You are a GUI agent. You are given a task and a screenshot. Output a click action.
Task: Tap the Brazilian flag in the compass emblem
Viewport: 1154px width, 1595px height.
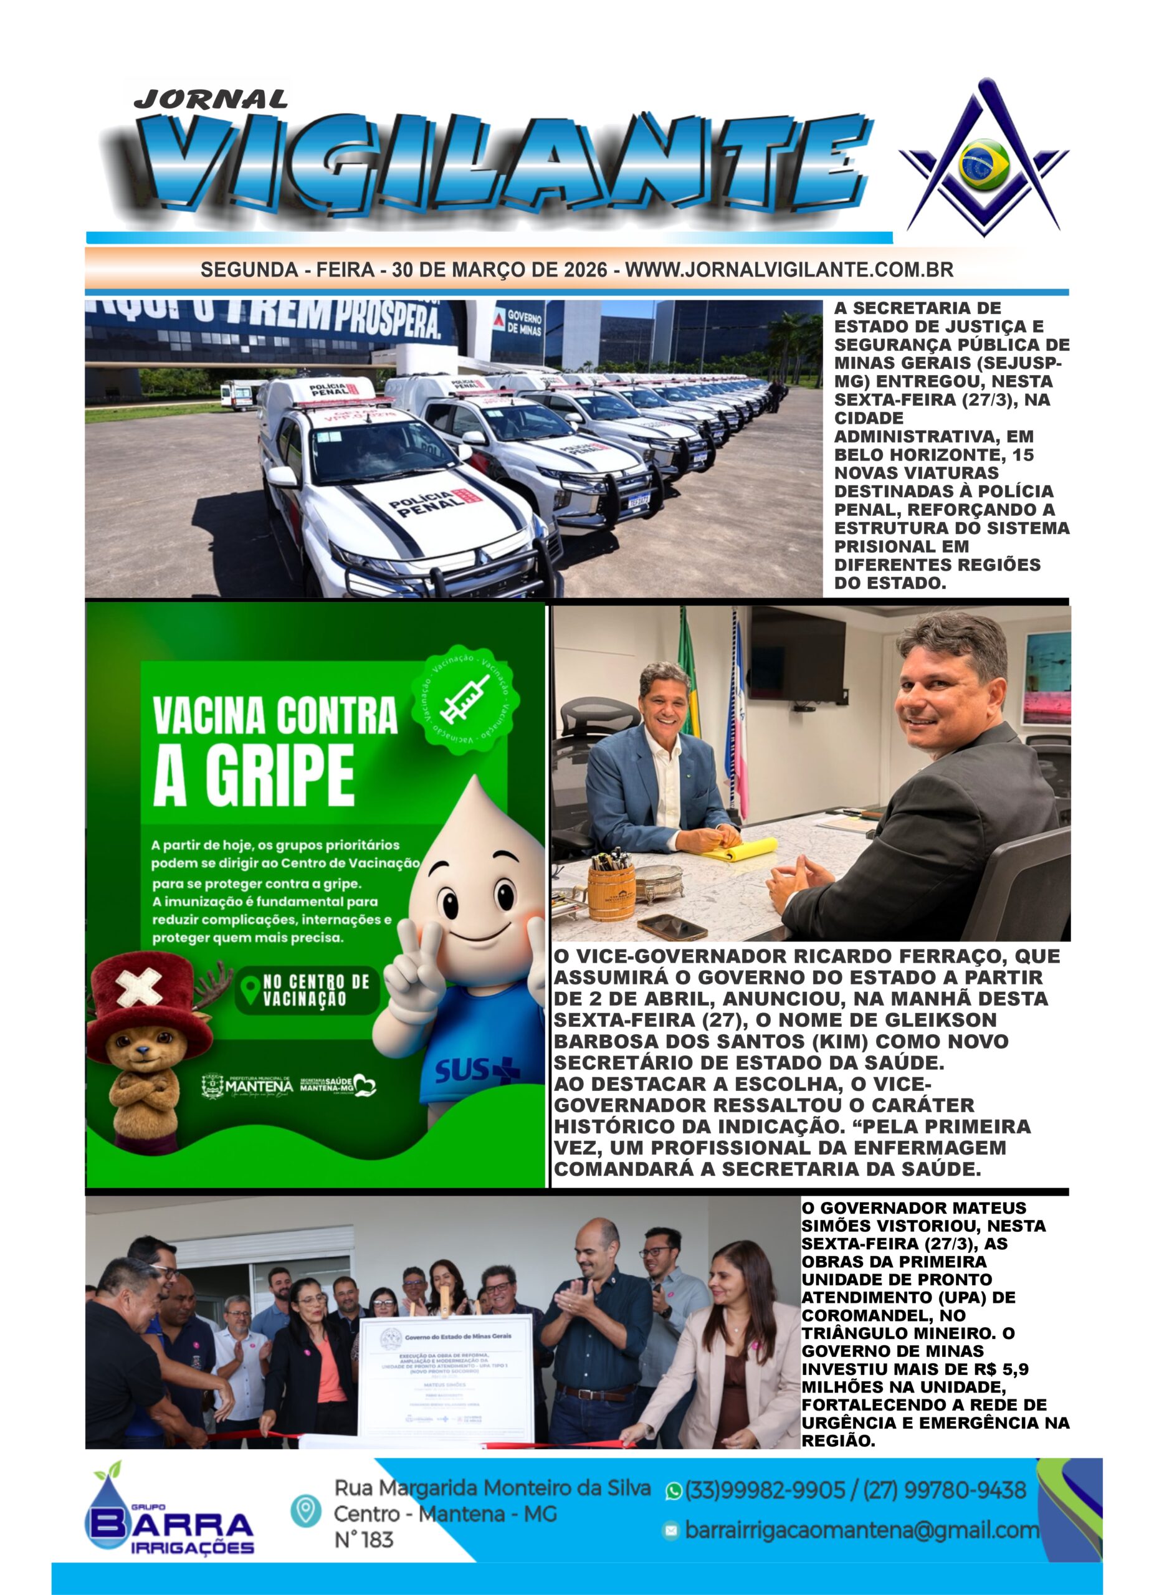[985, 164]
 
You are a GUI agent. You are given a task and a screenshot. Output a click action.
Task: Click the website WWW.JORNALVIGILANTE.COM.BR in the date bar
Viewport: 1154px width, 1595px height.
[789, 270]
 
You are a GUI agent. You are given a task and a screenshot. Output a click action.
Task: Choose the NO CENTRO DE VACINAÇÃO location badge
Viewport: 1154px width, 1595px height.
[305, 990]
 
